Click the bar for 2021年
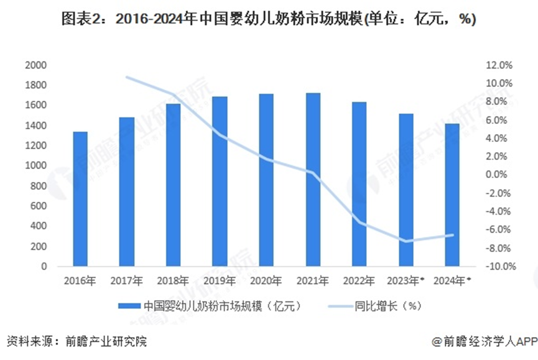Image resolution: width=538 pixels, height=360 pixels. pos(313,180)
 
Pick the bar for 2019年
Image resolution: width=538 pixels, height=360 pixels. pos(220,182)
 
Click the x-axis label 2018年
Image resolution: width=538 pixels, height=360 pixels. pos(174,280)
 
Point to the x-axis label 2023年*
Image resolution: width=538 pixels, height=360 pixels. pos(409,280)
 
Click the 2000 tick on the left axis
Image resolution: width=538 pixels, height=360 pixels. pos(36,65)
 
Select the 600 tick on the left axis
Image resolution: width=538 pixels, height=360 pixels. pos(39,206)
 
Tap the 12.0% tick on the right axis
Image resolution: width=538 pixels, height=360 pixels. pos(499,65)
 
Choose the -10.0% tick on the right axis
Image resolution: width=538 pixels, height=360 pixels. pos(498,266)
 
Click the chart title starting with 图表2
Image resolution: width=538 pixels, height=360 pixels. pos(269,19)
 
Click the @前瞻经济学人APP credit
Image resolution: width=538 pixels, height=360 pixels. pos(485,341)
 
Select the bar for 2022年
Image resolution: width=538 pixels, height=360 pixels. pos(360,184)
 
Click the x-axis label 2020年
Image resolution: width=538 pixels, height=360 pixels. pos(267,280)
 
